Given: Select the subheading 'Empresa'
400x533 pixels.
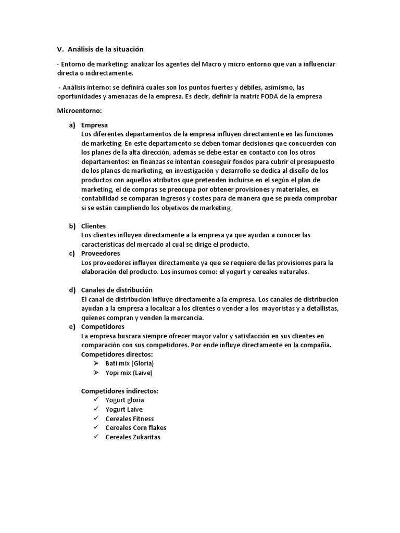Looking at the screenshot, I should click(95, 125).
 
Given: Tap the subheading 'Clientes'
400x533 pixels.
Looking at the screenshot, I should click(94, 226).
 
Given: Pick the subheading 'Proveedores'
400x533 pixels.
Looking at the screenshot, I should click(101, 253).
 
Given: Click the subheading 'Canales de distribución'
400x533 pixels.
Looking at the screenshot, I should click(117, 290).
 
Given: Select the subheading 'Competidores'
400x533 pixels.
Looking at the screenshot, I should click(103, 326).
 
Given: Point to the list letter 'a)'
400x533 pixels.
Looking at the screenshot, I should click(72, 125).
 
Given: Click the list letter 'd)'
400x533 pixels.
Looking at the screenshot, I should click(72, 290).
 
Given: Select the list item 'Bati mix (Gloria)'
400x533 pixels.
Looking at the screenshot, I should click(130, 363).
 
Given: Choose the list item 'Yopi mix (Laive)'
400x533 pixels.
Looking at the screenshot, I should click(129, 373).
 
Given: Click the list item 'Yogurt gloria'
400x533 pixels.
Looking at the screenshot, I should click(124, 400).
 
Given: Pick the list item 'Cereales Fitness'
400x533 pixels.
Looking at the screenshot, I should click(130, 418).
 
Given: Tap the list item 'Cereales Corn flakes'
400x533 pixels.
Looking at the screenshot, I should click(136, 428).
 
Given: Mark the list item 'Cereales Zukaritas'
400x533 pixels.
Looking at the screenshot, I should click(133, 437).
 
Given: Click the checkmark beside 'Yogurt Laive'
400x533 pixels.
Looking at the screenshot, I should click(96, 409).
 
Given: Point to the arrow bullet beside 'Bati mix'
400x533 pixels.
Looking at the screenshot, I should click(95, 363).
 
